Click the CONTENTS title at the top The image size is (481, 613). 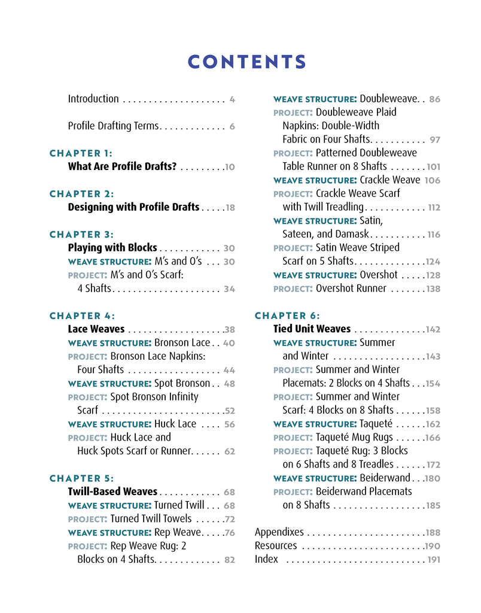click(x=246, y=62)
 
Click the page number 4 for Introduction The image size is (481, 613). click(x=232, y=99)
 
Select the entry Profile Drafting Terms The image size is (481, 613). click(x=113, y=126)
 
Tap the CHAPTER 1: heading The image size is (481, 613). click(x=81, y=153)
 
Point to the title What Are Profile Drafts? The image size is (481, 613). click(x=122, y=166)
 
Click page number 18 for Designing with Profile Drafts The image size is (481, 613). click(x=230, y=208)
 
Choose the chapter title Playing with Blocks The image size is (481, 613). click(x=112, y=248)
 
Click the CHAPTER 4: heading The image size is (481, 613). click(x=82, y=315)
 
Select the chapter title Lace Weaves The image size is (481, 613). click(x=96, y=329)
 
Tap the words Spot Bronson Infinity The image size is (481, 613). click(x=154, y=397)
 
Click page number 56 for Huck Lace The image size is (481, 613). click(x=229, y=424)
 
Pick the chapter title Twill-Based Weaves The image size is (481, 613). click(x=112, y=491)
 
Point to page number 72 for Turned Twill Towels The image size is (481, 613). click(x=229, y=519)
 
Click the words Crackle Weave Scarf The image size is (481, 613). click(x=358, y=193)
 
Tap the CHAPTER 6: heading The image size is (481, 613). click(x=287, y=315)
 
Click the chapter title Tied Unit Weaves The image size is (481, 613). click(x=312, y=329)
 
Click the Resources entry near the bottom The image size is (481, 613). click(x=276, y=546)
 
